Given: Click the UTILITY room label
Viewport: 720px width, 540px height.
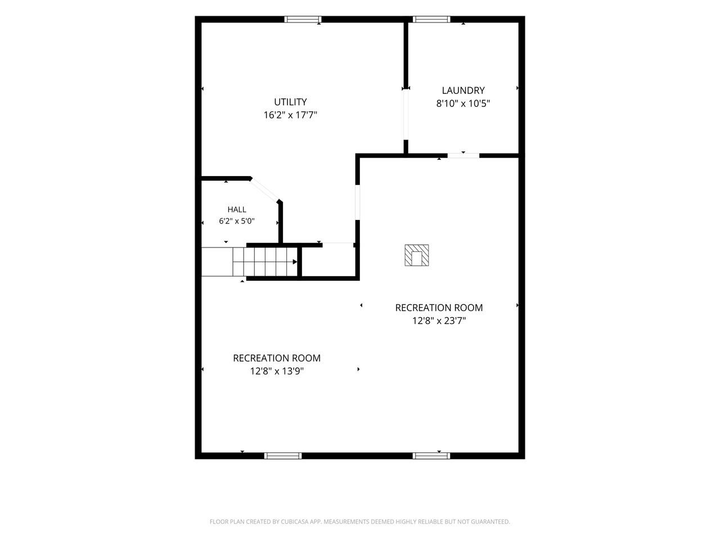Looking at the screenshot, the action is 290,102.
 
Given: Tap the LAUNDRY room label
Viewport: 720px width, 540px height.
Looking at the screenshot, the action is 463,90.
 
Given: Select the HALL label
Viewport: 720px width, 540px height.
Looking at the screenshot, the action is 237,209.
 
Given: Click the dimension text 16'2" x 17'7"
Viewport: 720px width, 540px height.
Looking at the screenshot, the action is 290,115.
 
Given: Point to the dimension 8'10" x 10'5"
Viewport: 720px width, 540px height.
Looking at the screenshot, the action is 463,103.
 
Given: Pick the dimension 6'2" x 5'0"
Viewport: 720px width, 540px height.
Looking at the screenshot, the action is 237,221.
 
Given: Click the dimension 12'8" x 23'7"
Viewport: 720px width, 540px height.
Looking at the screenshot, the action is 439,320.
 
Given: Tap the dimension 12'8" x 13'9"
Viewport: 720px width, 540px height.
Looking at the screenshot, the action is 277,371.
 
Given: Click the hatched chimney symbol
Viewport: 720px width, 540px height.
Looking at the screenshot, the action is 417,255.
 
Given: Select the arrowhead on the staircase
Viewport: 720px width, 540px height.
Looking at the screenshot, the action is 295,262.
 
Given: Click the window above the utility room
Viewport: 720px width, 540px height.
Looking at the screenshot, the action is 303,19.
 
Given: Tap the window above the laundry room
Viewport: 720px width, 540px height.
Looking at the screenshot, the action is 431,19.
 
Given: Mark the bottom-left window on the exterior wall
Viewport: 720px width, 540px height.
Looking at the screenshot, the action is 283,456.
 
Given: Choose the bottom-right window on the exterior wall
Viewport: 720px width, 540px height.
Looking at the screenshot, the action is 431,456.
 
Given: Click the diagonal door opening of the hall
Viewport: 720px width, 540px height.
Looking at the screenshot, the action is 265,190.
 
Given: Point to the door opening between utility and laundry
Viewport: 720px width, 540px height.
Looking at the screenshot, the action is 406,115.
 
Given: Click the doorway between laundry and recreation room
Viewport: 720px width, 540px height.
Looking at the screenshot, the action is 463,155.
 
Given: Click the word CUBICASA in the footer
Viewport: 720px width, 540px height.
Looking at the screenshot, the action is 294,521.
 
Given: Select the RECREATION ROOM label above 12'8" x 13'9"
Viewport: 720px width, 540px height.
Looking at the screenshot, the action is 277,358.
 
